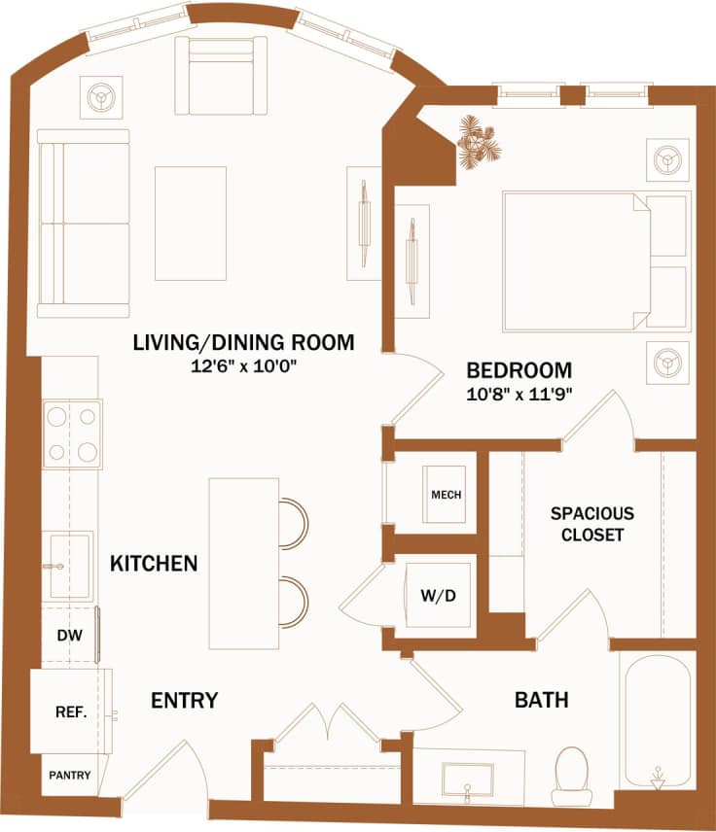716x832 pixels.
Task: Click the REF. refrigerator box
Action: [x=70, y=711]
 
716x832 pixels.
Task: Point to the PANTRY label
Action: [x=70, y=776]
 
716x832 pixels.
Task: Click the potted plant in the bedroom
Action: [x=479, y=141]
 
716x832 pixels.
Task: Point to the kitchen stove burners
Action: [x=73, y=433]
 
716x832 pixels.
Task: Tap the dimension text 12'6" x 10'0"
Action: [x=243, y=367]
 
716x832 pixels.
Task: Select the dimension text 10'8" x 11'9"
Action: [x=519, y=395]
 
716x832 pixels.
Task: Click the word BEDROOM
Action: [x=519, y=370]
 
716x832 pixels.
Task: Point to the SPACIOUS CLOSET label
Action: [x=591, y=523]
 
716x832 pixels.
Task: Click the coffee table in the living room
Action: [x=191, y=224]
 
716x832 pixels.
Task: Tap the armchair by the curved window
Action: [x=220, y=76]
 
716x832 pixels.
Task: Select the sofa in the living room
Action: [x=84, y=224]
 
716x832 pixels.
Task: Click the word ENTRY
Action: [x=184, y=700]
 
